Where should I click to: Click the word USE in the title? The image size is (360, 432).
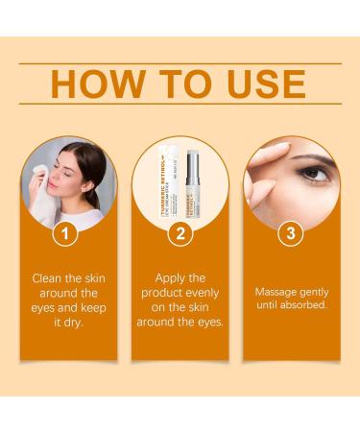[x=273, y=84]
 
